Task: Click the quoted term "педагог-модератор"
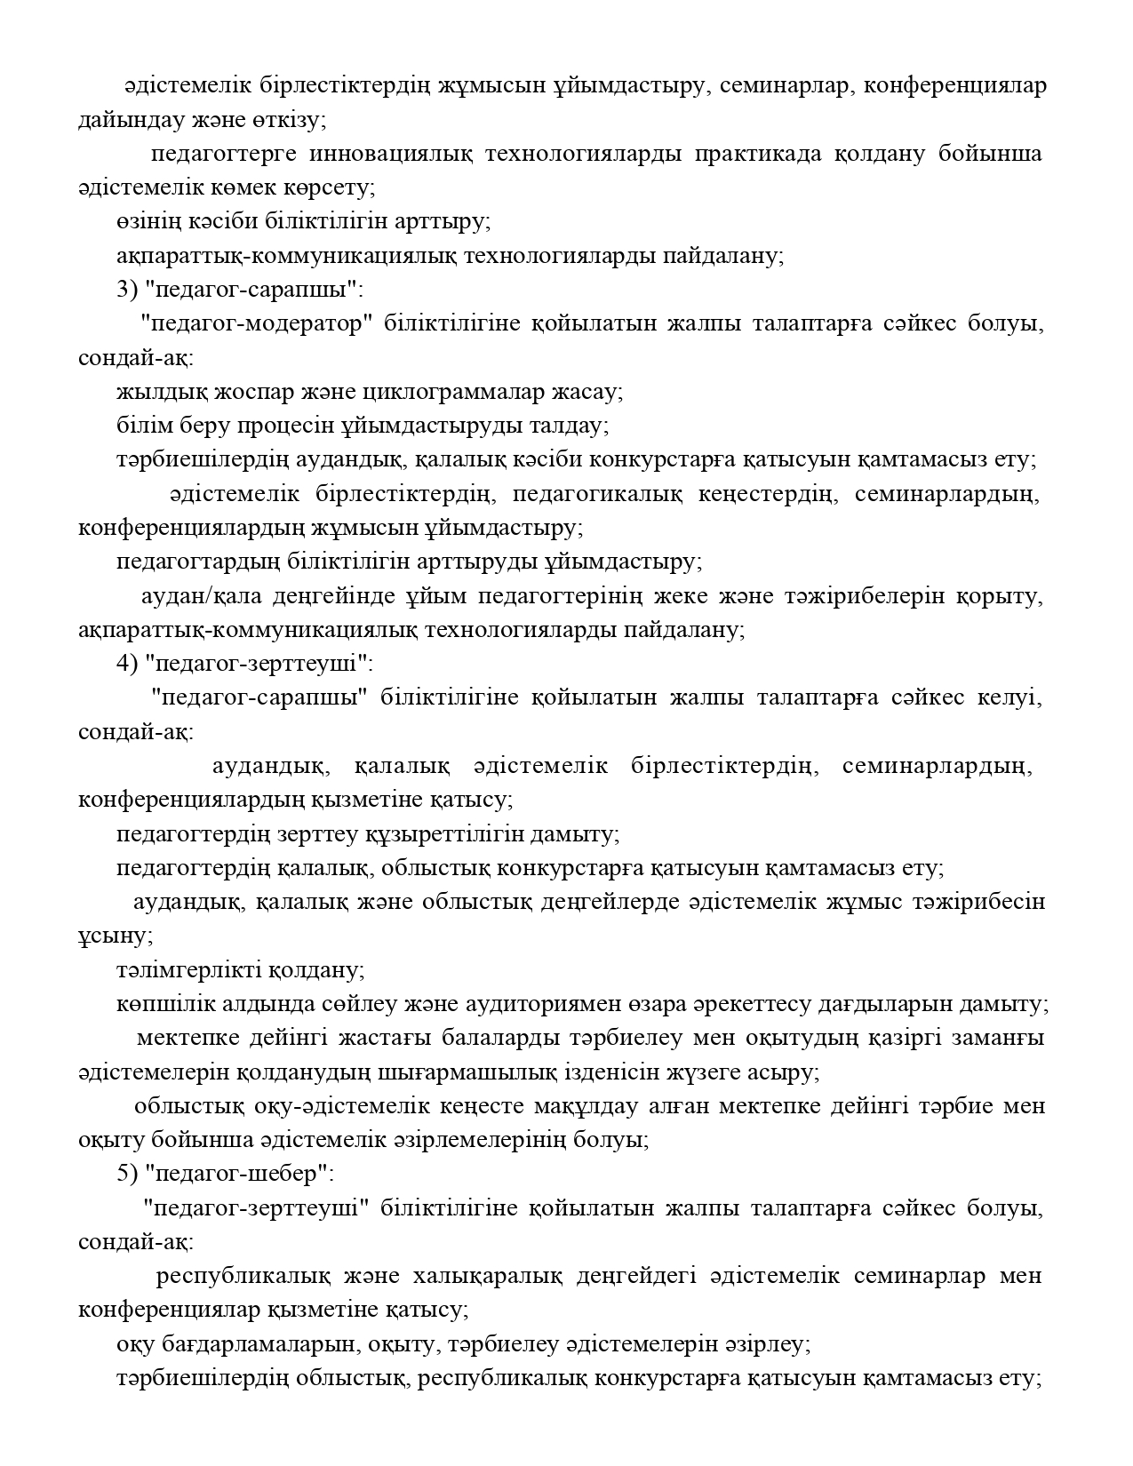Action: [254, 323]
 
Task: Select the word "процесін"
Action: [287, 426]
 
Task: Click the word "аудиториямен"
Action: [640, 1004]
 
